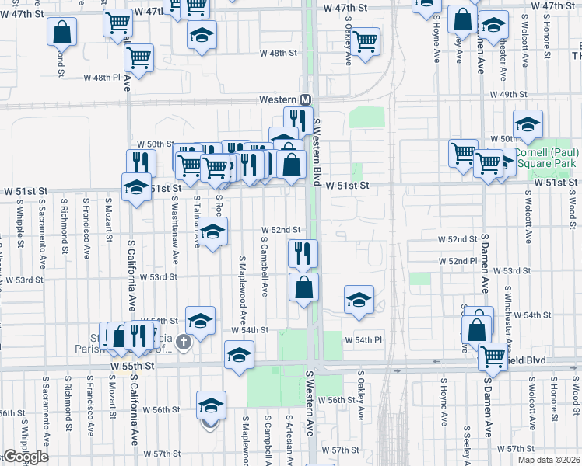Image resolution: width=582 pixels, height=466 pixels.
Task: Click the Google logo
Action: [25, 457]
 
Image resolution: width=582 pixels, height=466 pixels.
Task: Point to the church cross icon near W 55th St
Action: [183, 342]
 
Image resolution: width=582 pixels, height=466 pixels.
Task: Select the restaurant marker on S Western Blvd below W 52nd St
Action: [302, 252]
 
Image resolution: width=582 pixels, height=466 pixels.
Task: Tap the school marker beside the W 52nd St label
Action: [212, 231]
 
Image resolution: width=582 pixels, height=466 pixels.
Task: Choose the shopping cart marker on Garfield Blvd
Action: [493, 356]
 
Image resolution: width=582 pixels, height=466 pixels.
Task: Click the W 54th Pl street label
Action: [369, 340]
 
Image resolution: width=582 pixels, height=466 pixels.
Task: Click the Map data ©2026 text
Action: [548, 460]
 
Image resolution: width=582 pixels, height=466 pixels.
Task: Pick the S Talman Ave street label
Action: [198, 221]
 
